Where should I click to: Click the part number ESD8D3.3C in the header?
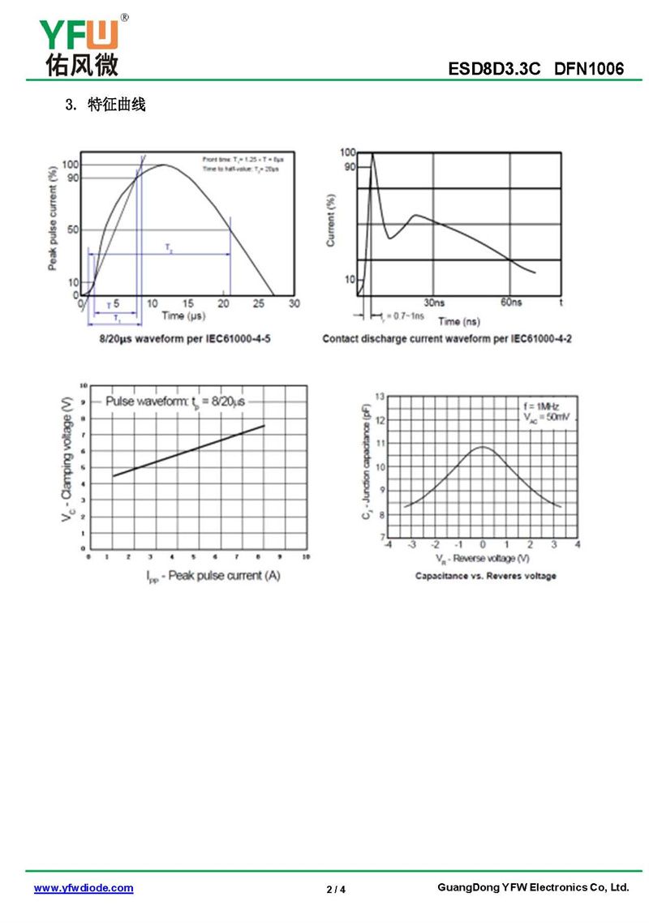[494, 69]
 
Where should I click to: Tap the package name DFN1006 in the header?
[589, 69]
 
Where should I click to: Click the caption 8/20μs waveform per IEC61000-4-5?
[185, 337]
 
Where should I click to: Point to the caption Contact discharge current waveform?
[447, 337]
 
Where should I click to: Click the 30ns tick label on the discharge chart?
[434, 303]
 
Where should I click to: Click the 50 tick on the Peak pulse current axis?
[73, 230]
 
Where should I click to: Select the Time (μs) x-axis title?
[183, 316]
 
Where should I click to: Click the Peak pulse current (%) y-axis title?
[53, 218]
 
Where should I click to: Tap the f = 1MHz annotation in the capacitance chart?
[541, 406]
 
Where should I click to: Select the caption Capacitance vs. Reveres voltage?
[485, 576]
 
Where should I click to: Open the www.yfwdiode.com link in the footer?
[84, 888]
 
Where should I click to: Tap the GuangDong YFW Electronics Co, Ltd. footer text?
[533, 887]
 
